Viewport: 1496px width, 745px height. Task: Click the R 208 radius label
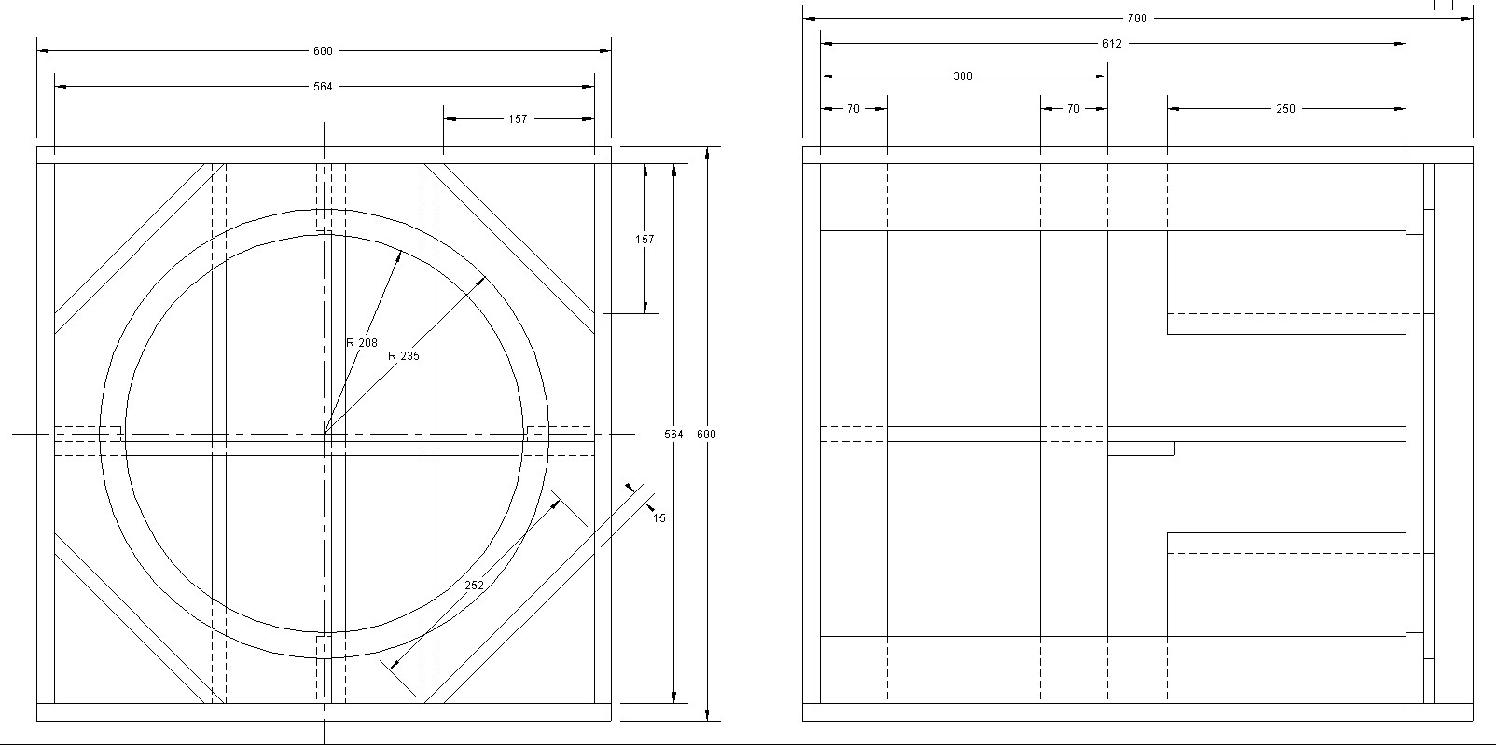tap(362, 343)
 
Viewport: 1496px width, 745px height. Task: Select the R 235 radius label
tap(404, 355)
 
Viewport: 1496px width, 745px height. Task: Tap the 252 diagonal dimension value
tap(475, 586)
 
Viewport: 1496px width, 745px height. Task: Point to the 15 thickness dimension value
tap(659, 518)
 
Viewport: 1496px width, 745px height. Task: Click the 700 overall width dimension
tap(1137, 19)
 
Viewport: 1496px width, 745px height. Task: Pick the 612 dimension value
tap(1112, 44)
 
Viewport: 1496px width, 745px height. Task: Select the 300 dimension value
tap(963, 76)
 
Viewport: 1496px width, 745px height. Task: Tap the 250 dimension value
tap(1285, 109)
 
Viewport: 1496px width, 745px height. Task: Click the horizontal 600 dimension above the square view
tap(323, 51)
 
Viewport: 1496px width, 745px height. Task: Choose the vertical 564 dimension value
tap(673, 435)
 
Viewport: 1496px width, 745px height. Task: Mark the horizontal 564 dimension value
tap(323, 87)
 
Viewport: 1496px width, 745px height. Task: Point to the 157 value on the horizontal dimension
tap(518, 119)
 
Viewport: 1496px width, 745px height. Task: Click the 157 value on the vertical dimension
tap(644, 240)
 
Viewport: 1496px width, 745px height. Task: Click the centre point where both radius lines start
tap(324, 434)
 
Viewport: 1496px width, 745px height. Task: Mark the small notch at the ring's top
tap(323, 230)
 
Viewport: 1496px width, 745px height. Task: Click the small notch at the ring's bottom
tap(322, 638)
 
